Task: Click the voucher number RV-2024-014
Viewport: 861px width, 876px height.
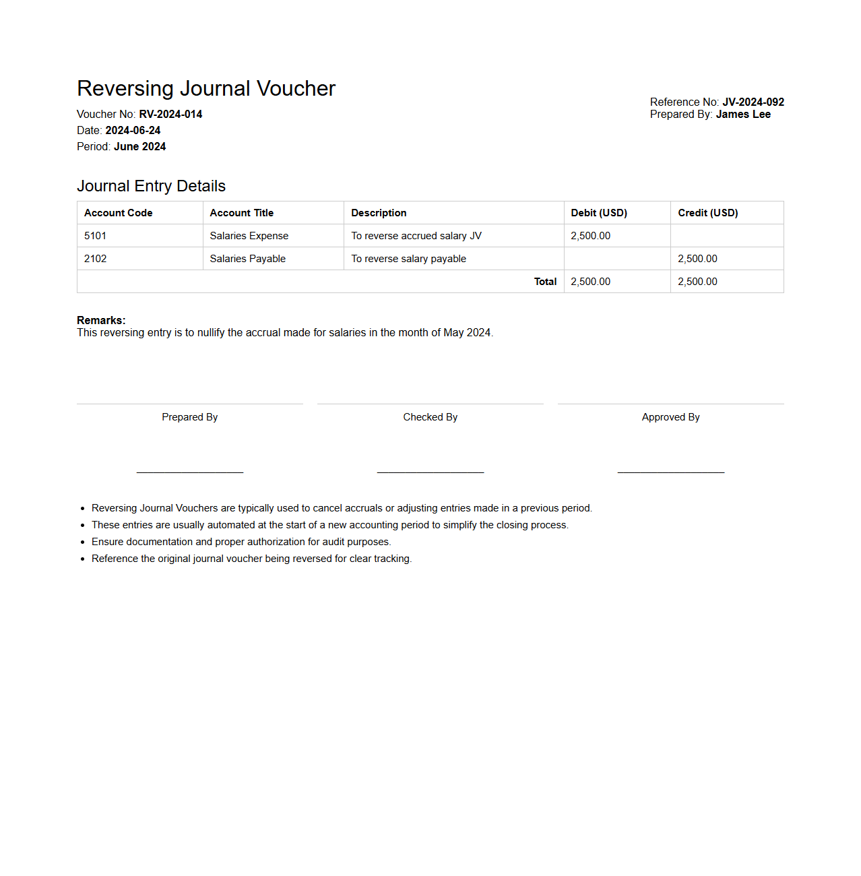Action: pos(170,115)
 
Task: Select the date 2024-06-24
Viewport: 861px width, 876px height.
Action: pos(133,131)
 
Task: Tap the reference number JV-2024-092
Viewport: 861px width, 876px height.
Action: pos(753,102)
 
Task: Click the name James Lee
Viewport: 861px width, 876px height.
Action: pos(743,115)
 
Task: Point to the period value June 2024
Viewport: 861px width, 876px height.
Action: pos(139,147)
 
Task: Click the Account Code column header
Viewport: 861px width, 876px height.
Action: pos(119,213)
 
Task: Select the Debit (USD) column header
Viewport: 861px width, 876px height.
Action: pos(599,213)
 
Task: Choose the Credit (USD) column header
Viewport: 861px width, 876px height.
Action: pos(708,213)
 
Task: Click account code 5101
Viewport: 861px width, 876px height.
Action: pos(96,236)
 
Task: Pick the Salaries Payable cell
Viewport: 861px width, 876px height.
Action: pos(248,259)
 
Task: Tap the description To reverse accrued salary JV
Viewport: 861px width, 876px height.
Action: pos(416,236)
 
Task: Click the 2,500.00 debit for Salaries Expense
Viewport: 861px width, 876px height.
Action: pos(591,236)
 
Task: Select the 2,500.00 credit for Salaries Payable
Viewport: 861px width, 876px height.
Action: pos(697,259)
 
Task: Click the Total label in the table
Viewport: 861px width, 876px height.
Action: pos(545,282)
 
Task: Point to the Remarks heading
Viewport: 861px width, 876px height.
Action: pos(101,321)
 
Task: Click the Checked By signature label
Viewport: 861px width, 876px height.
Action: pos(430,417)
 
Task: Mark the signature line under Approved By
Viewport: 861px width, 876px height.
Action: pos(671,472)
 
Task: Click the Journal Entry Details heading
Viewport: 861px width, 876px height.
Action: pos(151,186)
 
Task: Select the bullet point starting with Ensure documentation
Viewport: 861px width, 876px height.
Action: pos(241,542)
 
